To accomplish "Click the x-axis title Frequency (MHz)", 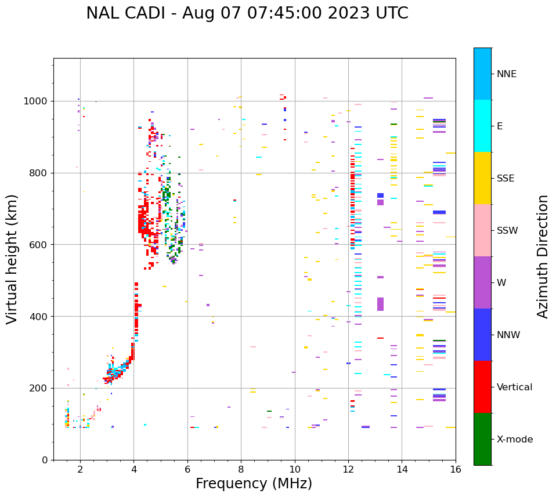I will tap(254, 484).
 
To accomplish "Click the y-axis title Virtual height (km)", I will tap(12, 259).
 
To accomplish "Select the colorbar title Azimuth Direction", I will tap(543, 256).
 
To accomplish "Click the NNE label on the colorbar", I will tap(507, 74).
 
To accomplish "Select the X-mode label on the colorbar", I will tap(515, 440).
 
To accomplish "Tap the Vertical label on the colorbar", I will tap(515, 387).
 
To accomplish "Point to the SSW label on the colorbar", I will tap(507, 231).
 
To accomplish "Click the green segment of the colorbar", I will tap(482, 439).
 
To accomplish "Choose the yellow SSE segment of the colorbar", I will tap(482, 178).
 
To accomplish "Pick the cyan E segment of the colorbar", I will tap(482, 126).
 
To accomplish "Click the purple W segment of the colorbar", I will tap(482, 282).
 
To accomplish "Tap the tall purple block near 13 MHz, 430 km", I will tap(380, 304).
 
